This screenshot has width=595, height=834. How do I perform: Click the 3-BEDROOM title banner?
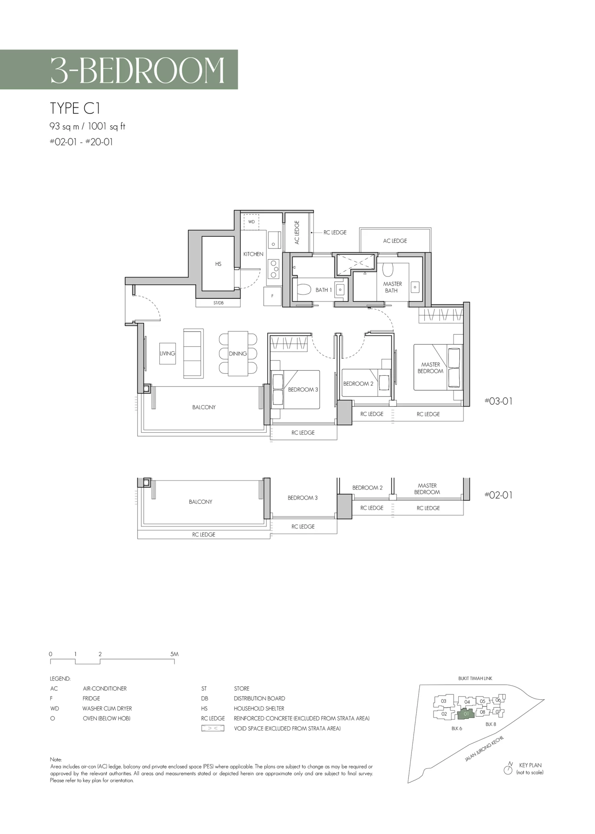(119, 69)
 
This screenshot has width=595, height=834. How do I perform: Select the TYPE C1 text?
(75, 108)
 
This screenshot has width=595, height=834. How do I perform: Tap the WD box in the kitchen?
(251, 222)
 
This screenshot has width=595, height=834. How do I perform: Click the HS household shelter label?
(218, 264)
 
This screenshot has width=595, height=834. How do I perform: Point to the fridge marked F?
(273, 296)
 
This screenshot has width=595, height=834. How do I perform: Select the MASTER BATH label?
(392, 287)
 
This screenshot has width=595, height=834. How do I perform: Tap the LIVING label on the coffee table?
(168, 354)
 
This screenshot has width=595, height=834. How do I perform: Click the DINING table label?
(238, 354)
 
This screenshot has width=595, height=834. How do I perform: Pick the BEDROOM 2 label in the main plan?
(358, 384)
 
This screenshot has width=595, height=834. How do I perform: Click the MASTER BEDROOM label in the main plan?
(430, 368)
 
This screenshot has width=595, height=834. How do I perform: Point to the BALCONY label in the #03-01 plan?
(204, 407)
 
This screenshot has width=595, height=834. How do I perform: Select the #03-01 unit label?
(499, 401)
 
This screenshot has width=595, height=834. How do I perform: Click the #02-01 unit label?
(499, 495)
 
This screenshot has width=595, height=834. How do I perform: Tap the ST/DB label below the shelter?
(218, 303)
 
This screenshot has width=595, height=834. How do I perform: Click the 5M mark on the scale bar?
(174, 654)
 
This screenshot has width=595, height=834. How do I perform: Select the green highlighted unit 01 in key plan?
(466, 714)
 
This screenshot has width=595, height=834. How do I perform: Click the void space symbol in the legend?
(213, 728)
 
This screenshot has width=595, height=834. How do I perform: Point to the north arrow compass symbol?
(508, 770)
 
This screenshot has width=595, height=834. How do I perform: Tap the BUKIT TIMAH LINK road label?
(475, 678)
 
